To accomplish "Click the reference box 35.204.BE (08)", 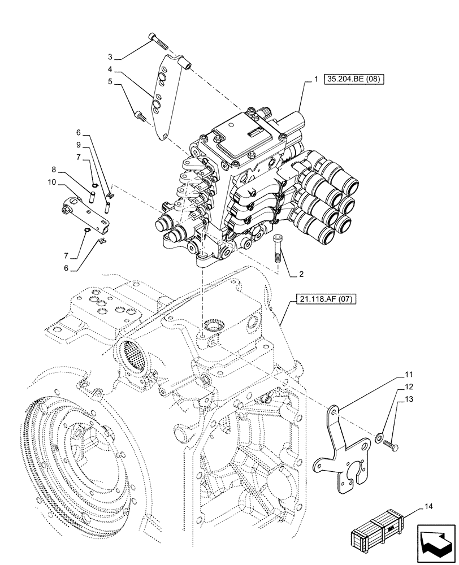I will tap(354, 80).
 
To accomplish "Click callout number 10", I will tap(51, 182).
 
